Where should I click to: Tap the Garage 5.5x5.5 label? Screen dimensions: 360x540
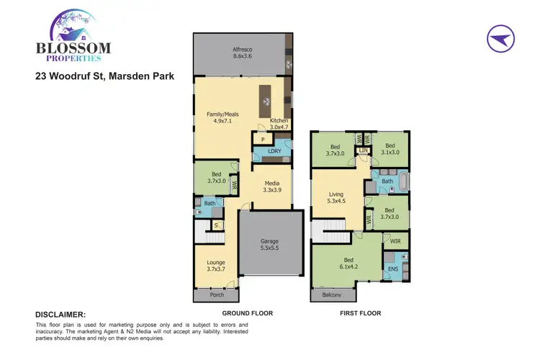(x=269, y=245)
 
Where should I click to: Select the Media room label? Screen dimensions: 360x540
(x=272, y=185)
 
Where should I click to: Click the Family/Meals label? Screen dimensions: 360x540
(x=222, y=118)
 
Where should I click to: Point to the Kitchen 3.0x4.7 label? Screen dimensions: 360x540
(x=279, y=124)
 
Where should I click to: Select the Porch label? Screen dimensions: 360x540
(x=216, y=294)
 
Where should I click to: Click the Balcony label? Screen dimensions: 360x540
(x=332, y=294)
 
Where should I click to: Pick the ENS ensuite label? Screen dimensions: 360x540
(x=393, y=269)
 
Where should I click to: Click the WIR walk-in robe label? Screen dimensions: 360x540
(x=395, y=242)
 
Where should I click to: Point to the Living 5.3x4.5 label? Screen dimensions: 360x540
(x=336, y=198)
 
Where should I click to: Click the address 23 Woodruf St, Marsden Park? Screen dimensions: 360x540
(x=104, y=76)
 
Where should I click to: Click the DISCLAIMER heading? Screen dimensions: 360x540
(x=60, y=315)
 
